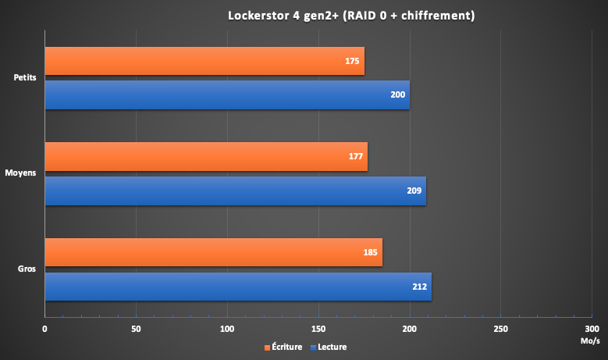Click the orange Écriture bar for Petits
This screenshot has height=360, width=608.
point(203,61)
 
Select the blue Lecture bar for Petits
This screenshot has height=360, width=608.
point(226,95)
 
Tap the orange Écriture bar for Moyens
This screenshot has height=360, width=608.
point(205,156)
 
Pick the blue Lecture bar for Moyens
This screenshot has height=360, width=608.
point(234,191)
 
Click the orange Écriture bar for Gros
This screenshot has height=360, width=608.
point(212,252)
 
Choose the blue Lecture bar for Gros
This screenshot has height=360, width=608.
point(237,287)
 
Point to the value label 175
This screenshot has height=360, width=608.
point(352,61)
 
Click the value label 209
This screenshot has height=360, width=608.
point(414,191)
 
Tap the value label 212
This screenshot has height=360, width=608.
point(419,287)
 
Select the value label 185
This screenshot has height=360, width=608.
point(370,253)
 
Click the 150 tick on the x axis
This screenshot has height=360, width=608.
point(318,329)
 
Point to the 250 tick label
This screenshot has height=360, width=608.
point(501,329)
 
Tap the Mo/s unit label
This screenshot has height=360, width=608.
point(590,341)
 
